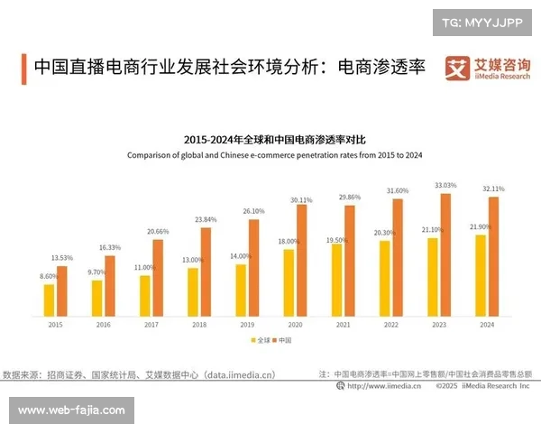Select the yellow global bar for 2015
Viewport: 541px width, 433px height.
[x=49, y=299]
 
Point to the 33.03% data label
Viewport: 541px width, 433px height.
[x=445, y=186]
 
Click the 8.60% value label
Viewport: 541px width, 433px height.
[x=49, y=276]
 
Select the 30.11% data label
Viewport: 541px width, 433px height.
[x=301, y=199]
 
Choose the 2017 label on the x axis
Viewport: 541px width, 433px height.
[x=151, y=324]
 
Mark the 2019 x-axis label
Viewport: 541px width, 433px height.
[x=247, y=324]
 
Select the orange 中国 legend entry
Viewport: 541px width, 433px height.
[x=281, y=340]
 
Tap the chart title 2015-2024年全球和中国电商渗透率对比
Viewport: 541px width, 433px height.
[x=274, y=140]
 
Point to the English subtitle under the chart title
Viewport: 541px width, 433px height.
[x=274, y=155]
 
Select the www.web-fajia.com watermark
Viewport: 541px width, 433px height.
[x=71, y=410]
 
